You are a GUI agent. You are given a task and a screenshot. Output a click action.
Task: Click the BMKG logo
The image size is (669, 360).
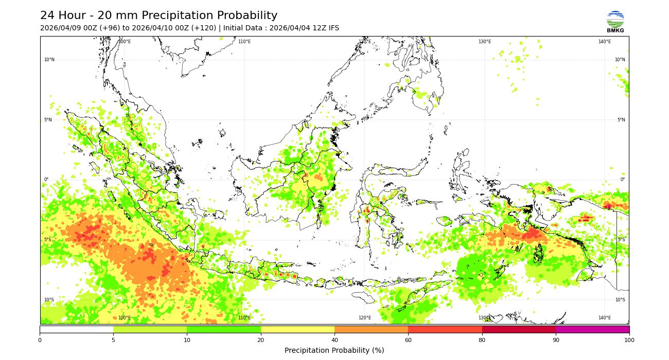tap(615, 22)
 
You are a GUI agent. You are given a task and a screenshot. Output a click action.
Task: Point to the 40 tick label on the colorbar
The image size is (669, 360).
tap(334, 340)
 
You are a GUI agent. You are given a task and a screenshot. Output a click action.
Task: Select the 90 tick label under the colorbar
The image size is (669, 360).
tap(556, 340)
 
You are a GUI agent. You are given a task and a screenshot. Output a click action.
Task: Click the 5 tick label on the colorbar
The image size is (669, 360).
tap(113, 340)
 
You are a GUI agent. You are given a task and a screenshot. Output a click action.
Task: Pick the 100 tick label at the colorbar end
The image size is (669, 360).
tap(629, 340)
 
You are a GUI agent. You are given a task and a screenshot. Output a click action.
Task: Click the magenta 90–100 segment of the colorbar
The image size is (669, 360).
tap(592, 329)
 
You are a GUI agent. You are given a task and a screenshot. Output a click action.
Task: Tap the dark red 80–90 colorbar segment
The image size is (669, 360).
tap(519, 329)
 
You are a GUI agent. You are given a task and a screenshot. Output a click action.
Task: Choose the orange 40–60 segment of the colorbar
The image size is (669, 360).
tap(371, 329)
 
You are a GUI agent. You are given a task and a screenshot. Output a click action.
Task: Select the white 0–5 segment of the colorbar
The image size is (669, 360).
tap(76, 329)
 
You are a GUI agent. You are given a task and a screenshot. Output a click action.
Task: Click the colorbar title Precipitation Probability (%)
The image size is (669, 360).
tap(334, 350)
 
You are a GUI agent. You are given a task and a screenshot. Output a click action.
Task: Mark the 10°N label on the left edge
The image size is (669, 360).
tap(49, 60)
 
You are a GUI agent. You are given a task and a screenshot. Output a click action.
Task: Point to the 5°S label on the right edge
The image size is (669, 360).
tap(621, 240)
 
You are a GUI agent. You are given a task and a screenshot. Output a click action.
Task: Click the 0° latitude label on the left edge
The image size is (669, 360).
tap(46, 179)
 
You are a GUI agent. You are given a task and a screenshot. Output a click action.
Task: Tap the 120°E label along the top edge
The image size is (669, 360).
tap(364, 42)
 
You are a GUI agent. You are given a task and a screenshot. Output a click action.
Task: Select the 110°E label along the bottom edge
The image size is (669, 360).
tap(244, 318)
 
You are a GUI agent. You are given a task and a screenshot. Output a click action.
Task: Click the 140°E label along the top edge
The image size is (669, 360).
tap(605, 42)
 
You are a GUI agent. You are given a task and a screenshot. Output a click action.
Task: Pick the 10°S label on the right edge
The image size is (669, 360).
tap(620, 300)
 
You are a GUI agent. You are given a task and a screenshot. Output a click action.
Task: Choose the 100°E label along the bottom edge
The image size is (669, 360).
tap(124, 318)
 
